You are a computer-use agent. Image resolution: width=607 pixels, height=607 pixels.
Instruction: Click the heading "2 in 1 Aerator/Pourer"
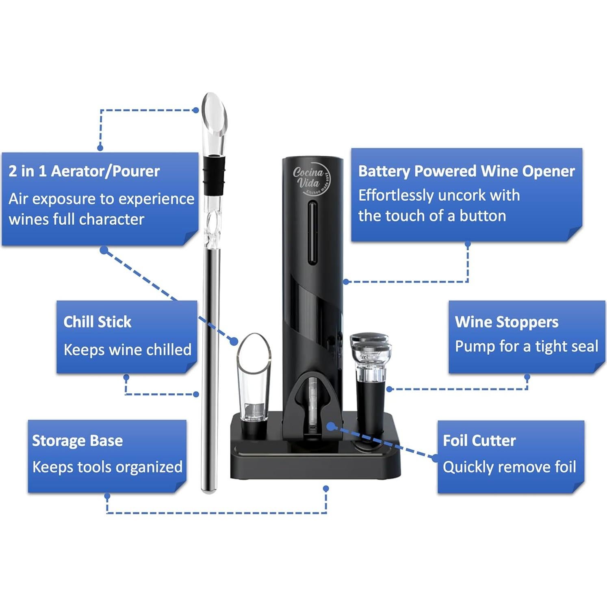click(x=84, y=171)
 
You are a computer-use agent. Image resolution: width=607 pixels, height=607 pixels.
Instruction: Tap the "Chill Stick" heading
click(x=98, y=322)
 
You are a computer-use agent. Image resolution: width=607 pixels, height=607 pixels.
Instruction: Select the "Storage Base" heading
click(x=77, y=441)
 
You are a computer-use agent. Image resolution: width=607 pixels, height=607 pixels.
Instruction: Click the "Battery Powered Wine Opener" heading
click(x=466, y=171)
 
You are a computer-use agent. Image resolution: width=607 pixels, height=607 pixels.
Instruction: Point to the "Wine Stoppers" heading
click(x=507, y=322)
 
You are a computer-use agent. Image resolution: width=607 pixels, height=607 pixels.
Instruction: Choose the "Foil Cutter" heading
click(x=479, y=441)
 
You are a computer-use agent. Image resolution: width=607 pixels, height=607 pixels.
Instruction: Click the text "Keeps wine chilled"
click(x=127, y=350)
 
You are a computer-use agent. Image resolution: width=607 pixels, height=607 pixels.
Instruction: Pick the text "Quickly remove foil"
click(x=509, y=467)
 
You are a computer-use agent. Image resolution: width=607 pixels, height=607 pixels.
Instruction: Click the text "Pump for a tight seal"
click(x=527, y=347)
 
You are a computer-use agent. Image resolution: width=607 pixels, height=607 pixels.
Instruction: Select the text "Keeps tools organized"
click(x=107, y=467)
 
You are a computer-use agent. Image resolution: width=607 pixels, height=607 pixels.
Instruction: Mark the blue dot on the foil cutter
click(x=331, y=426)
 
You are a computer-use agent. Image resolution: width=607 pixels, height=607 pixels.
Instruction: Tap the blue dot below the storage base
click(x=326, y=488)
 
